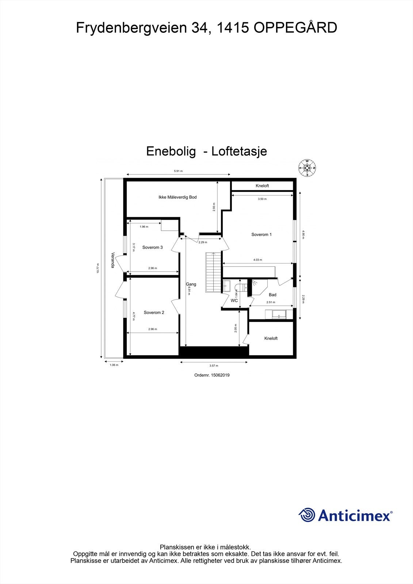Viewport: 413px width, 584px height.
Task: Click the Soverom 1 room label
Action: click(261, 235)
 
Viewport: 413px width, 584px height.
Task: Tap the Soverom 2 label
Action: click(154, 312)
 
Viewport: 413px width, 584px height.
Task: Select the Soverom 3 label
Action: click(152, 247)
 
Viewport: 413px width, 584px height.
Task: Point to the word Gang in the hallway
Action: click(191, 284)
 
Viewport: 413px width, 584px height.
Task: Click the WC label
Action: click(234, 301)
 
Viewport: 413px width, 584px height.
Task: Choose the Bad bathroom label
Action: click(272, 295)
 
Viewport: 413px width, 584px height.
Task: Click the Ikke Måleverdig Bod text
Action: click(177, 197)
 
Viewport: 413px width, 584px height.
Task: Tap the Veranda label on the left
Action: click(113, 260)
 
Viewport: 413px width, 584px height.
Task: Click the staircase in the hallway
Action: click(213, 272)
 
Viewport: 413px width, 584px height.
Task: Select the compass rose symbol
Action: click(307, 168)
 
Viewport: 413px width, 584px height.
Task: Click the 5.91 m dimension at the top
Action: click(178, 171)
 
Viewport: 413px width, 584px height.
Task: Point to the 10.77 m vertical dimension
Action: click(98, 269)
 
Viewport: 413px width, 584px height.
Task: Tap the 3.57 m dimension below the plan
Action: click(214, 365)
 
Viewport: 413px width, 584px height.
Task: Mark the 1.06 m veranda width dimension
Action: click(114, 365)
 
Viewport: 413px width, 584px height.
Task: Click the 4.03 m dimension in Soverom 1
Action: click(258, 260)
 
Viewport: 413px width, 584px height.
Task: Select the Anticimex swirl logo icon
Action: click(307, 515)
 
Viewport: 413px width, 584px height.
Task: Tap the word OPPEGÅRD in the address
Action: click(295, 28)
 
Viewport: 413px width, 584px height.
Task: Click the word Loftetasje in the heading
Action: click(239, 151)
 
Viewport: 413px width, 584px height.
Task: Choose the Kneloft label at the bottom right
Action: click(271, 339)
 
